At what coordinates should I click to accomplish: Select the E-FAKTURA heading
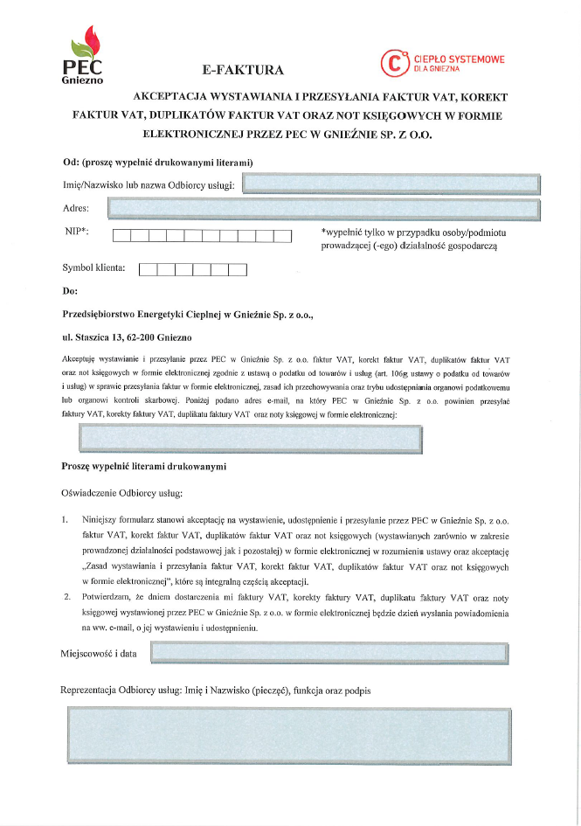point(242,69)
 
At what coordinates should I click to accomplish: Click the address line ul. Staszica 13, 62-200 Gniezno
point(128,337)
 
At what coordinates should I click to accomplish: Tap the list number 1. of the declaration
point(66,518)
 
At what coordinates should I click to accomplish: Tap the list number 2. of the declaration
point(66,597)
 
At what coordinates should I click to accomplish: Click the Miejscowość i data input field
point(329,652)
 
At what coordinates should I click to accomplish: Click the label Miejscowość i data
point(99,653)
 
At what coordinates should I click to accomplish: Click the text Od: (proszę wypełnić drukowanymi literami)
point(157,163)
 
